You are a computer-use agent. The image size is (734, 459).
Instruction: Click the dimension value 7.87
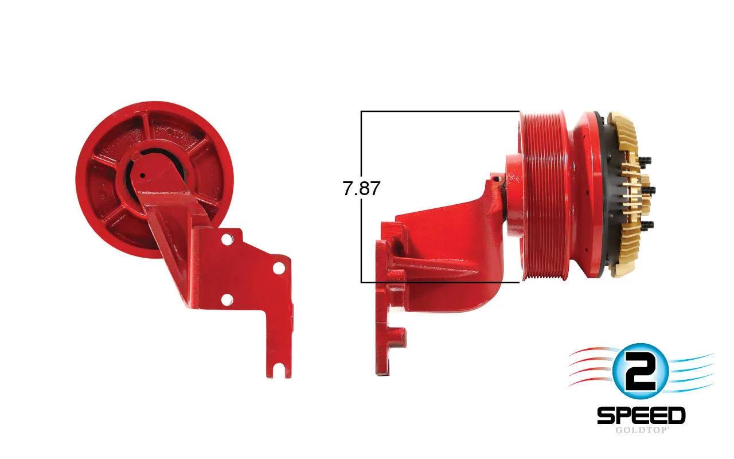(x=361, y=189)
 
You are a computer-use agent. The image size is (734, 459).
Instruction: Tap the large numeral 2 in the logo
(x=640, y=373)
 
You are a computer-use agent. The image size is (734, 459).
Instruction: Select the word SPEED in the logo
(x=641, y=415)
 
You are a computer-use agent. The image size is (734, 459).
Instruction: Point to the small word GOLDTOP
(x=641, y=430)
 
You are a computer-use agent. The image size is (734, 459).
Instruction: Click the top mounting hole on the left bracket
(x=227, y=239)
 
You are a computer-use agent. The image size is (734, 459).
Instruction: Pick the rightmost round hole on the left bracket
(x=279, y=268)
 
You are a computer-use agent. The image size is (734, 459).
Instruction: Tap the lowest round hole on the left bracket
(x=227, y=299)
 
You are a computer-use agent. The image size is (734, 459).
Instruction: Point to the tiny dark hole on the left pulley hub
(x=143, y=176)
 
